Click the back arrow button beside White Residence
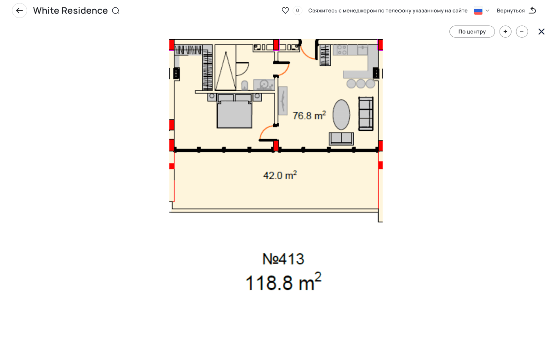coord(19,11)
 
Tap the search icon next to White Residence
coord(115,11)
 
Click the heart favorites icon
coord(285,11)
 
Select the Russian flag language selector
coord(478,11)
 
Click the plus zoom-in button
coord(505,32)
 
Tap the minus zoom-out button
coord(522,32)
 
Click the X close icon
coord(541,32)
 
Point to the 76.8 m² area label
coord(309,116)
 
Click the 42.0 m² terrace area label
coord(280,175)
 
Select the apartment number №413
coord(283,259)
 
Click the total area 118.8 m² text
coord(283,282)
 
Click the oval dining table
coord(341,115)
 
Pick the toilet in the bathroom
coord(244,85)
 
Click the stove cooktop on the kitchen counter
coord(342,50)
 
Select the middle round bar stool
coord(361,84)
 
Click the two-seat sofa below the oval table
coord(341,139)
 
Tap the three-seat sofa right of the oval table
coord(366,114)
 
